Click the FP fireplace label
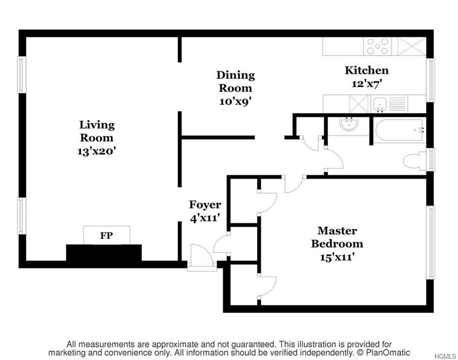pyautogui.click(x=107, y=235)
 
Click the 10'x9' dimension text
pyautogui.click(x=235, y=101)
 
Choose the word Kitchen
pyautogui.click(x=366, y=70)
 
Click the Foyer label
pyautogui.click(x=205, y=204)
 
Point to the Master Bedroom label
pyautogui.click(x=337, y=237)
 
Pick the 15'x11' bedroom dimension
pyautogui.click(x=337, y=257)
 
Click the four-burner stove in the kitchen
pyautogui.click(x=378, y=46)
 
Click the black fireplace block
pyautogui.click(x=104, y=253)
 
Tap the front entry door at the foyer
pyautogui.click(x=201, y=259)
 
